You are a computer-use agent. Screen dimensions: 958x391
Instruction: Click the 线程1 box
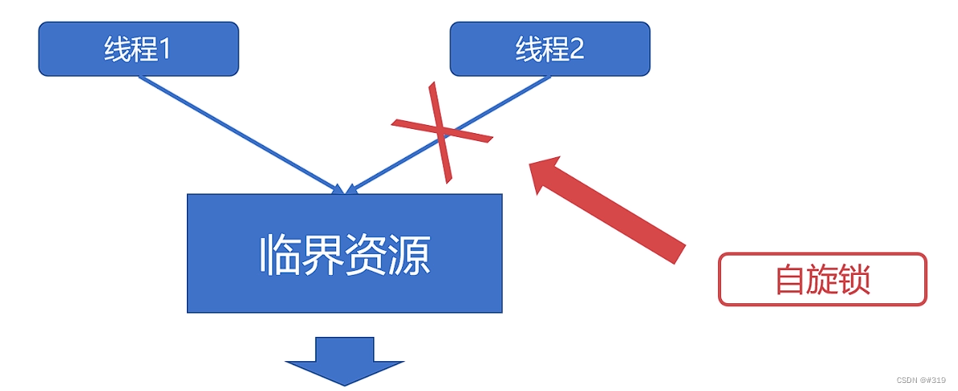[139, 49]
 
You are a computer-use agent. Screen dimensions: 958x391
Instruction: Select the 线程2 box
[550, 49]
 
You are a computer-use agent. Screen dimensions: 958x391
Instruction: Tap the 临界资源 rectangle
[344, 253]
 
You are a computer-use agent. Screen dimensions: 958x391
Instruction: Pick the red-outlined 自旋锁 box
[822, 280]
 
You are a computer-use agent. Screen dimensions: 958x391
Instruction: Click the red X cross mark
[442, 131]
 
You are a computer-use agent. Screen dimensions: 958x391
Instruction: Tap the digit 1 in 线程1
[165, 50]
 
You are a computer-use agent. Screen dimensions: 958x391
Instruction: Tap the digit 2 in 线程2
[576, 50]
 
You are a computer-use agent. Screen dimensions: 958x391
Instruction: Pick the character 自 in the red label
[790, 281]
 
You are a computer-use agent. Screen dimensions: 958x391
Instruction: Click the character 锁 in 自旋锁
[854, 281]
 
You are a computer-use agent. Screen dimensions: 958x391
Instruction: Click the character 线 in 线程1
[118, 50]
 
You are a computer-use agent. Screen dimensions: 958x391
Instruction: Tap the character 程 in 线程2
[555, 50]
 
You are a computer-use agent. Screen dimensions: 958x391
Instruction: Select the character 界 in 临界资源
[322, 255]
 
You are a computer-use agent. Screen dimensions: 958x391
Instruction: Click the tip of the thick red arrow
[532, 165]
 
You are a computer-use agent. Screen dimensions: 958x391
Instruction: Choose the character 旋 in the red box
[822, 281]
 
